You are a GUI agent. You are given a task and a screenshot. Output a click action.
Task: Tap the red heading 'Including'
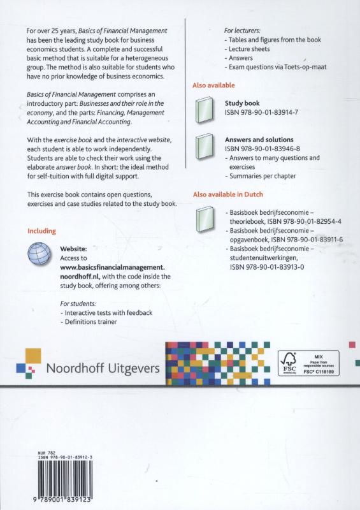pos(42,231)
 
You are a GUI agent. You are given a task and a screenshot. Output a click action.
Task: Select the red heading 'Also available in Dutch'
pos(227,194)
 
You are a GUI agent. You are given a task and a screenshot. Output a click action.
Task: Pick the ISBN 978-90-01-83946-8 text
pos(261,149)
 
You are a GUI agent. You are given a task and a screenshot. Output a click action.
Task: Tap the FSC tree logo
pos(289,361)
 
